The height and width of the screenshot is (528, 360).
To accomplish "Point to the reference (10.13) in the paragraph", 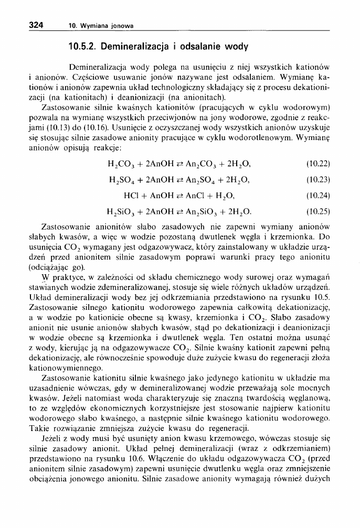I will tap(47, 127).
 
